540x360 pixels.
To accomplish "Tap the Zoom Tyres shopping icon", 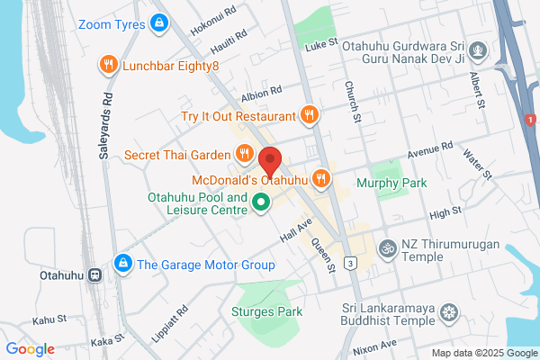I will tap(158, 22).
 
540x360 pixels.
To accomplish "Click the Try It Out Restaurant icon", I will tap(310, 115).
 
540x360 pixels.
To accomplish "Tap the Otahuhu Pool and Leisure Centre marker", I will tap(261, 202).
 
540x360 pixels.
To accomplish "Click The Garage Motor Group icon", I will tap(121, 264).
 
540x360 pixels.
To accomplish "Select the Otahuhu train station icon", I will tap(94, 276).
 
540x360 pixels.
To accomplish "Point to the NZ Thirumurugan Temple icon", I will tap(388, 247).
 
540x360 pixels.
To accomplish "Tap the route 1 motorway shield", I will tap(529, 119).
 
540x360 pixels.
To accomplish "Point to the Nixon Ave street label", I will tap(374, 346).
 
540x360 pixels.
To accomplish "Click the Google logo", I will tap(31, 349).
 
